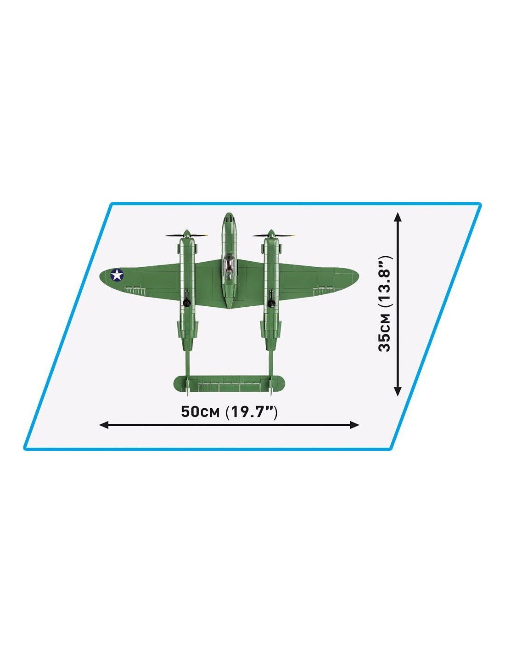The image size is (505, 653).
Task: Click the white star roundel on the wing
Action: coord(117,275)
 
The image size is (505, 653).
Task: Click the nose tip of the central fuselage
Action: coord(229,214)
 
